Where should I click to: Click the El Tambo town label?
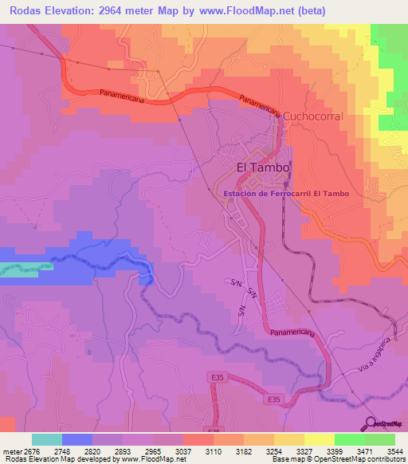click(x=264, y=167)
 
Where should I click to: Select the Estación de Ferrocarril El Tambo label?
click(x=287, y=194)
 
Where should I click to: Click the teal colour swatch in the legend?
click(x=47, y=439)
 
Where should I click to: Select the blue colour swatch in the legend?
click(x=77, y=439)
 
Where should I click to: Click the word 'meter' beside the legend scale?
click(x=10, y=450)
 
